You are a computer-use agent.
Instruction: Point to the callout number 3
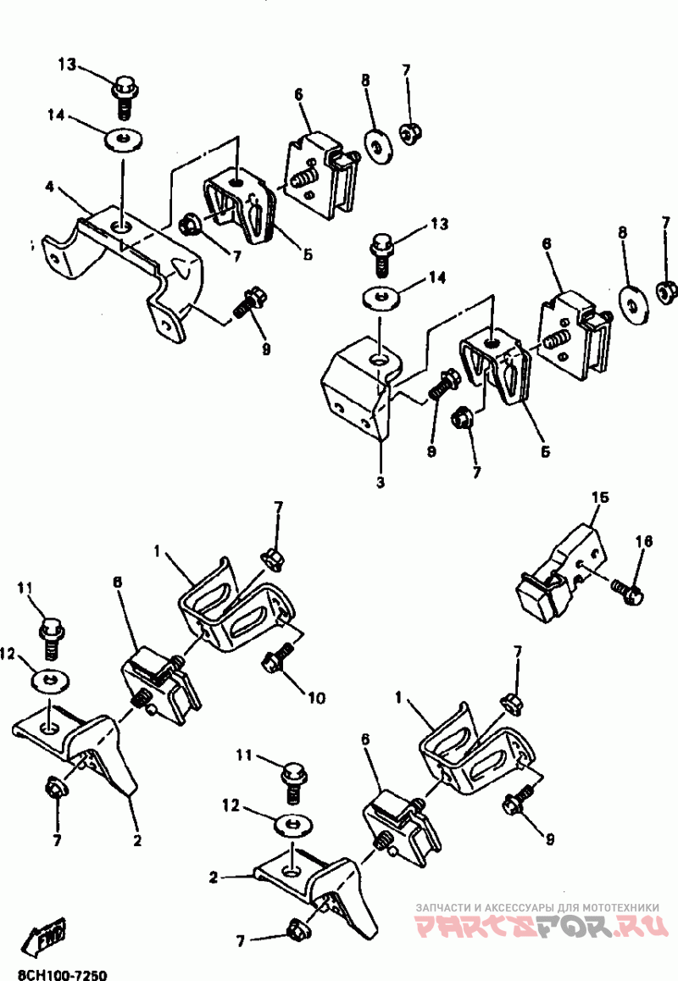point(381,482)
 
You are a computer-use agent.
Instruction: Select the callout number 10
point(316,699)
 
